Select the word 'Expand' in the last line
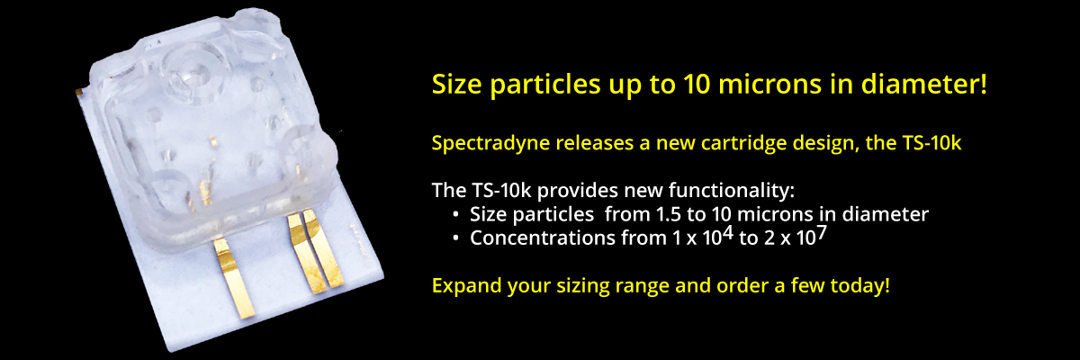click(463, 287)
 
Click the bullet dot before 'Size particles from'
click(457, 216)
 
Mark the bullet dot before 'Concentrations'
click(457, 239)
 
